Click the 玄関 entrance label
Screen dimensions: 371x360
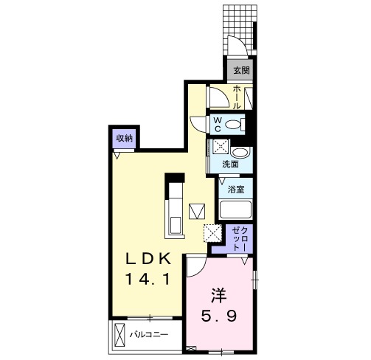coord(241,70)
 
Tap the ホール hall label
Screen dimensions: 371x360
coord(237,97)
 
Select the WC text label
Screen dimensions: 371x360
coord(218,125)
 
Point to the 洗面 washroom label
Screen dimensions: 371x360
coord(230,165)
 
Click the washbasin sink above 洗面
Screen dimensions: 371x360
coord(240,153)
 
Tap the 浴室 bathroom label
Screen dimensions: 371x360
coord(236,189)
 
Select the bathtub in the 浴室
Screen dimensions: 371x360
coord(235,210)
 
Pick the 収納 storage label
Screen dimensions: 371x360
coord(125,139)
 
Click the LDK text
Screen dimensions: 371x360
coord(148,259)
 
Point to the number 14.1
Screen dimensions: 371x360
coord(148,279)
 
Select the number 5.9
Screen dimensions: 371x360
coord(219,316)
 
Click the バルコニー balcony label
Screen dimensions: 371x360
coord(149,334)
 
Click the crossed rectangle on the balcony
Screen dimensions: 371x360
coord(119,335)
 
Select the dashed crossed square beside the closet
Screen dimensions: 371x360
coord(213,233)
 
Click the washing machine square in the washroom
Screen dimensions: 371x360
coord(221,147)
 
